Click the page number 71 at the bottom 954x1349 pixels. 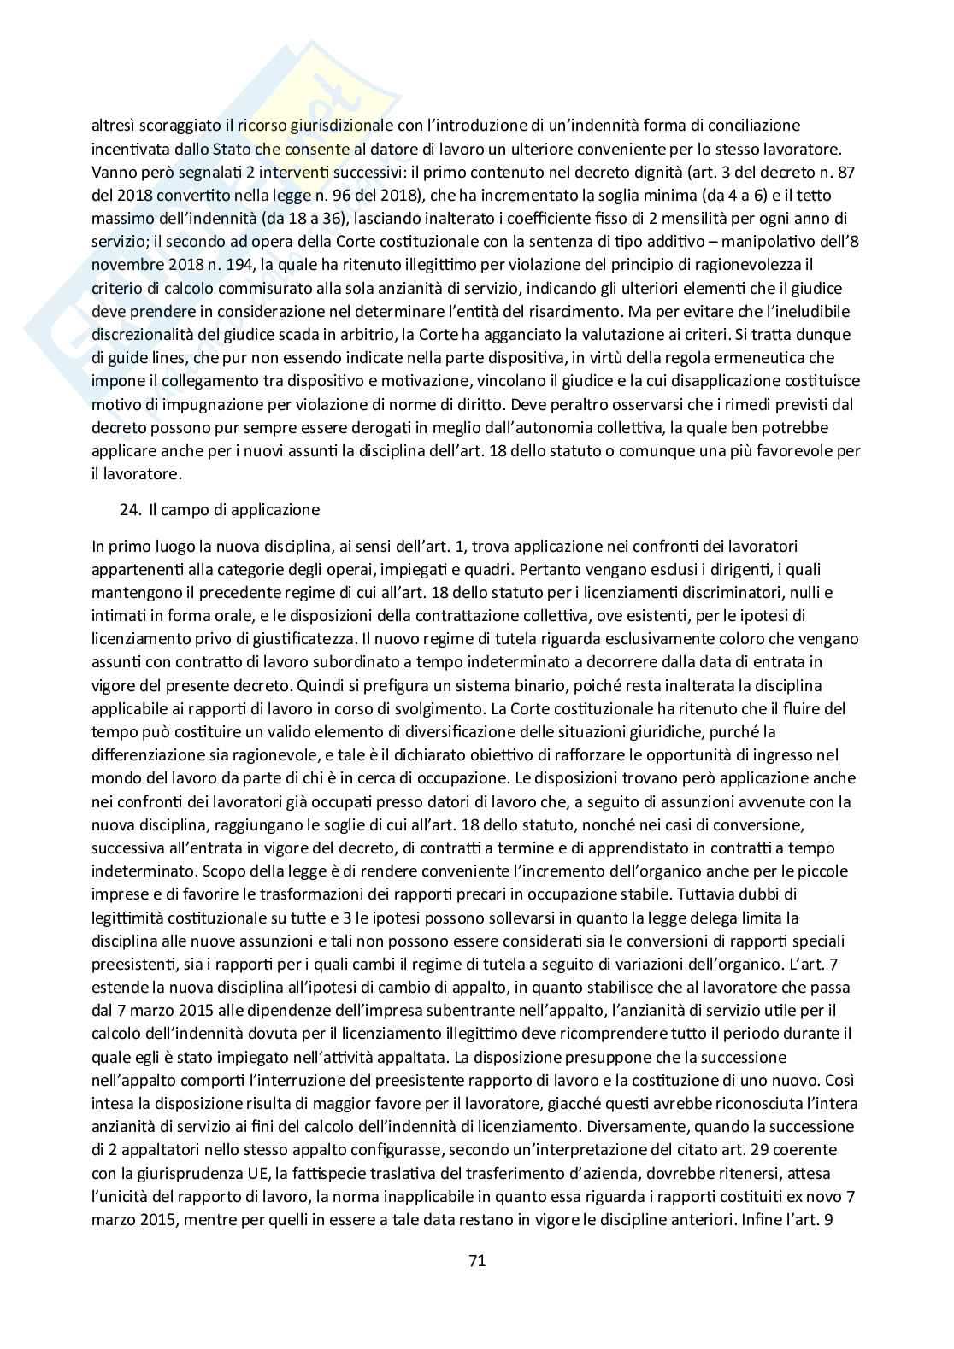pyautogui.click(x=477, y=1259)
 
